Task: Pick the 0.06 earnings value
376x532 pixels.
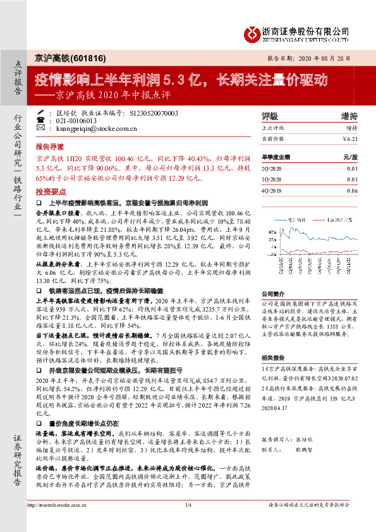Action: (x=352, y=190)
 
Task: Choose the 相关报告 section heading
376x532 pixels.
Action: (x=274, y=358)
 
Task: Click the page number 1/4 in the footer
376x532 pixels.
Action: (x=188, y=522)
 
